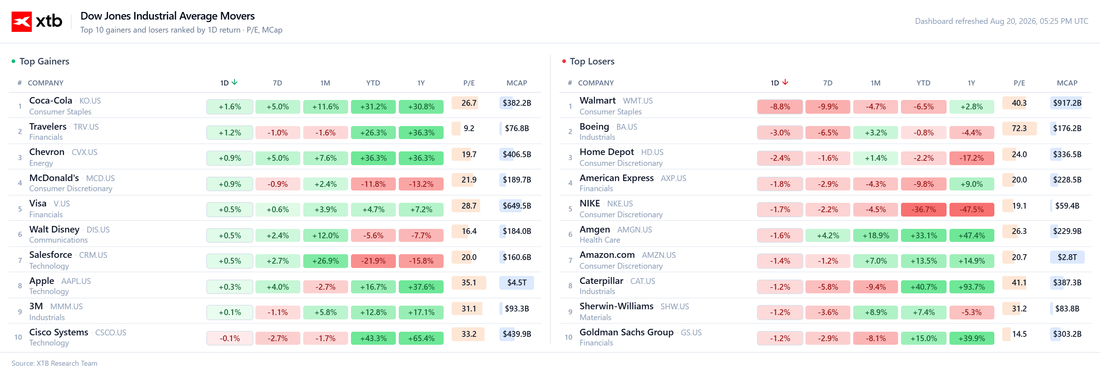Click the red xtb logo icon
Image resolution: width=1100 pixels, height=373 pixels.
21,21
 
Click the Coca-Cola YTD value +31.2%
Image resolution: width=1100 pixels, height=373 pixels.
373,107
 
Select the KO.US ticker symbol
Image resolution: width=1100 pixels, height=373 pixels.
90,101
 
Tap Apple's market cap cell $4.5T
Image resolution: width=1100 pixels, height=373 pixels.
517,283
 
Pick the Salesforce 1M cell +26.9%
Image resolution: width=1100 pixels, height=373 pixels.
325,261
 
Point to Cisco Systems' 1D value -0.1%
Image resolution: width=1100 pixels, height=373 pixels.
230,338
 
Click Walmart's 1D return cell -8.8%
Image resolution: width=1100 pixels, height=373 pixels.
780,107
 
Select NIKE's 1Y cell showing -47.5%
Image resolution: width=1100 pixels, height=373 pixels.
972,210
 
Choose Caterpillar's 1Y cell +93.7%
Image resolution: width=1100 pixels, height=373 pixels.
972,287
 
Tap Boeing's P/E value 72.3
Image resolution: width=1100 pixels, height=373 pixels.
1019,129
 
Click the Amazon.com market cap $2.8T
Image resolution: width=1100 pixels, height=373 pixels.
1067,257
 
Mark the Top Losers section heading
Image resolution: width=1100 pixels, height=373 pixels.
592,62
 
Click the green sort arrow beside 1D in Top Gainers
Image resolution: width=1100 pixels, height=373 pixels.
234,83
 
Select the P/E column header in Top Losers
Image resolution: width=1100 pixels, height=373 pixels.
1019,83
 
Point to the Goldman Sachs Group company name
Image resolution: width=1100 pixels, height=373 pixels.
626,332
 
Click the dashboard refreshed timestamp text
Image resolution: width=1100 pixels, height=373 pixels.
1001,21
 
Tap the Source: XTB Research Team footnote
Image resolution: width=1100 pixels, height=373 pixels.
54,363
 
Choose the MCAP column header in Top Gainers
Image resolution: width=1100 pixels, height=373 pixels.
517,83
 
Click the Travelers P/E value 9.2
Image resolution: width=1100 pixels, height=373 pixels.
469,129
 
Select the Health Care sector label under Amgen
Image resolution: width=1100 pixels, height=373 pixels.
600,240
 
